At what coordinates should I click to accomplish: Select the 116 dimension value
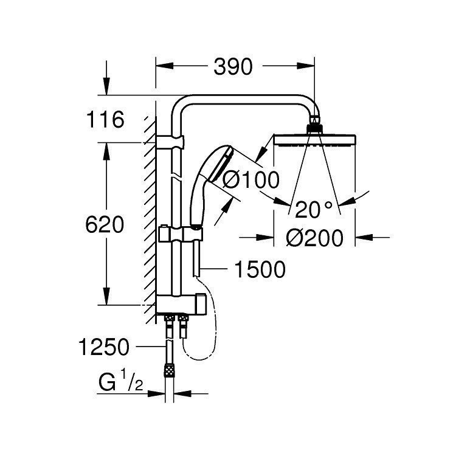(105, 120)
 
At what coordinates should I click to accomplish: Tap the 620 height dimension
(104, 224)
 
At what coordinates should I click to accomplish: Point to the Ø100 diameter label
(250, 179)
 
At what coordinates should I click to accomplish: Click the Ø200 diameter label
(315, 237)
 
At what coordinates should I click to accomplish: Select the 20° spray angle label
(314, 210)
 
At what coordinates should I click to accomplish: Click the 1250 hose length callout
(104, 347)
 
